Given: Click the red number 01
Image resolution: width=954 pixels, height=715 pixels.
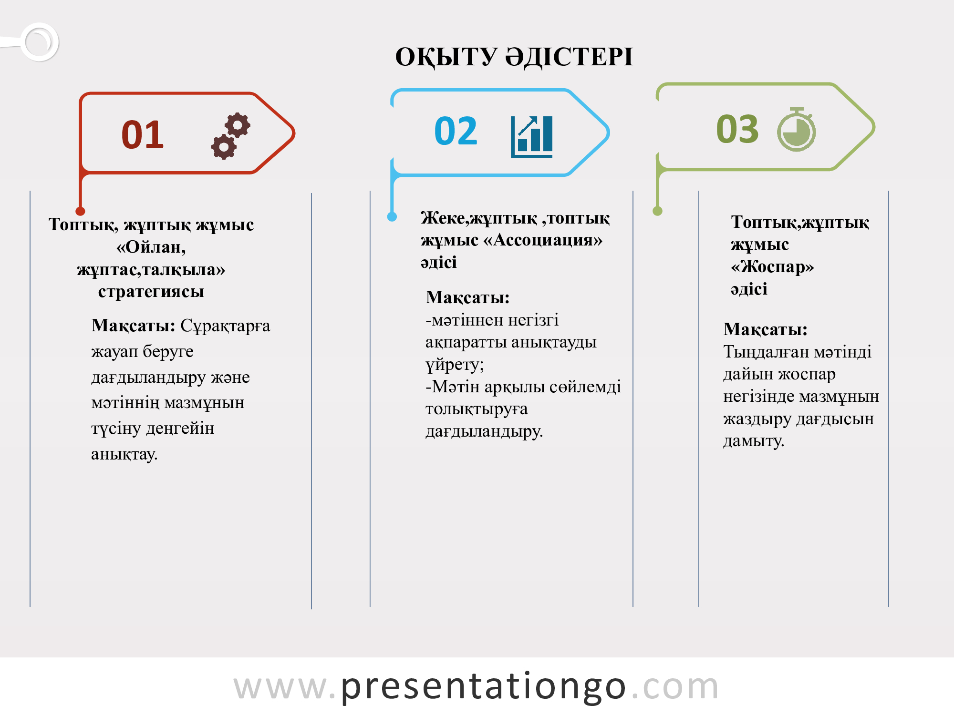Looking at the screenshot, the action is click(143, 134).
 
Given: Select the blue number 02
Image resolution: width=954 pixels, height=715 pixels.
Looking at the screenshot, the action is click(456, 131).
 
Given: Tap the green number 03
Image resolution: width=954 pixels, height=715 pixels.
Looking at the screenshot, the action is click(737, 129).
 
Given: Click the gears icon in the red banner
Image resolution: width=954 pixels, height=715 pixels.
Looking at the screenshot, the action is click(231, 136).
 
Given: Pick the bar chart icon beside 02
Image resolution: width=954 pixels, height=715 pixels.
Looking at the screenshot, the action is click(531, 137).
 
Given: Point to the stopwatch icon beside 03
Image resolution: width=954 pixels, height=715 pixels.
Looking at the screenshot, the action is click(797, 129).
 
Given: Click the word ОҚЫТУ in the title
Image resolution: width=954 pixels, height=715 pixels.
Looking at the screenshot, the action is click(446, 57).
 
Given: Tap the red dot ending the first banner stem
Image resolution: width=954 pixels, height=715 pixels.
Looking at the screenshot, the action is click(80, 211).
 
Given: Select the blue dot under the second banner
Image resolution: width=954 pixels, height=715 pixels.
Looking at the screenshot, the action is click(392, 217).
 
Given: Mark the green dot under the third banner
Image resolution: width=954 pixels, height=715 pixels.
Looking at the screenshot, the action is click(657, 211).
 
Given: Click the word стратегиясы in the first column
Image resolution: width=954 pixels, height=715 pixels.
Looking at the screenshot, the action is click(151, 291).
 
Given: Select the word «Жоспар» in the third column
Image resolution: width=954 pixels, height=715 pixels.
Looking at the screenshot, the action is click(772, 266).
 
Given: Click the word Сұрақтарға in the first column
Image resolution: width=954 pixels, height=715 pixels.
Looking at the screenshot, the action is click(225, 326).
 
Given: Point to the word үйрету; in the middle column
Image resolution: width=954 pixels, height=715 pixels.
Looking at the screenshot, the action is click(455, 365).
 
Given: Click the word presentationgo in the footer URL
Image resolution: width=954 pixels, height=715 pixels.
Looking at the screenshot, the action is click(483, 687).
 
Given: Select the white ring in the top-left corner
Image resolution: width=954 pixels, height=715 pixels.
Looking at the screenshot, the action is click(40, 42).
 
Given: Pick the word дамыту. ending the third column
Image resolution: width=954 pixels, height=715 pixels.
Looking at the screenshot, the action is click(754, 441).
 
